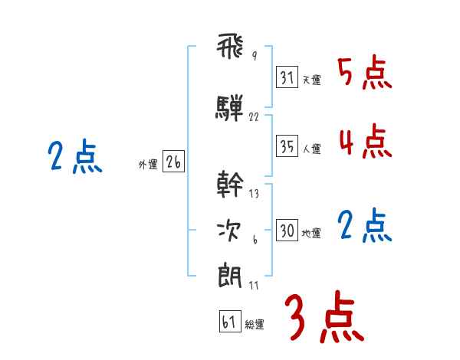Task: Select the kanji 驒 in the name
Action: click(x=230, y=107)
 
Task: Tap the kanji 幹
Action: click(x=230, y=184)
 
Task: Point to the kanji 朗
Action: click(x=230, y=275)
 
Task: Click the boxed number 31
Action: click(x=287, y=77)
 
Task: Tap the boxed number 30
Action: click(x=287, y=231)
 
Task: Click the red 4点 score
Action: click(x=364, y=142)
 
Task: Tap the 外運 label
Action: click(x=149, y=165)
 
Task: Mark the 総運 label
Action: click(x=255, y=325)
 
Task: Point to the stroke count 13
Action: click(x=254, y=194)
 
